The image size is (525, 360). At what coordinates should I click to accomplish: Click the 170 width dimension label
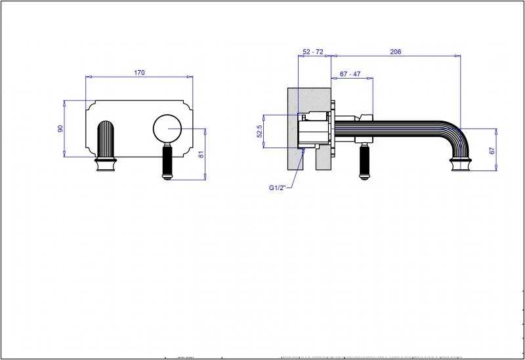click(139, 72)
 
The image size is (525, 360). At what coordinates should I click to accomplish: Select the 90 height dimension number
click(60, 129)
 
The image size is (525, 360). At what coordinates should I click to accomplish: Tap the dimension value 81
click(201, 154)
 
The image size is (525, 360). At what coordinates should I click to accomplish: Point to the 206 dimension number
click(396, 52)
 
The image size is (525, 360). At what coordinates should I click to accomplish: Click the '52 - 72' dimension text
click(313, 52)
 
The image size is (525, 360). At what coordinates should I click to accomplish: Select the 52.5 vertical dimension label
click(260, 131)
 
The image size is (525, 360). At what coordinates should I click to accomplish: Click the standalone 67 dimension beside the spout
click(492, 151)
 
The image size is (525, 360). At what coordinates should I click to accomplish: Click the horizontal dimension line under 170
click(139, 78)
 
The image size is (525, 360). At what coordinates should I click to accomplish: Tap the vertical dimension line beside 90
click(65, 129)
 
